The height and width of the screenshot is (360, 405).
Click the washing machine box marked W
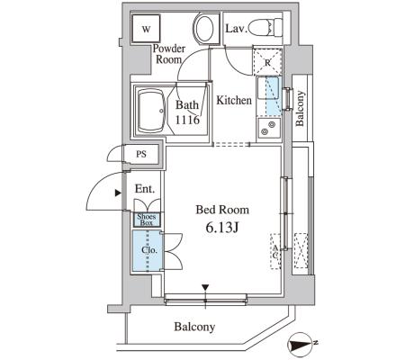tap(146, 29)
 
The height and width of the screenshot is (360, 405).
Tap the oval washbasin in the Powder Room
tap(204, 29)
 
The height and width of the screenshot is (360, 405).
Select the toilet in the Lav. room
tap(265, 28)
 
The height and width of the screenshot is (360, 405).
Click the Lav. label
tap(237, 29)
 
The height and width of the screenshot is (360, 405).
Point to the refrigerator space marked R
tap(267, 62)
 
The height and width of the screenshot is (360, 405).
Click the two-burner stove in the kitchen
tap(269, 128)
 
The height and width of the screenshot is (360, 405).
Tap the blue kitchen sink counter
tap(269, 96)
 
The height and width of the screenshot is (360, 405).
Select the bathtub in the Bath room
tap(152, 111)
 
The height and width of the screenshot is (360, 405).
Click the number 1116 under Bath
tap(187, 120)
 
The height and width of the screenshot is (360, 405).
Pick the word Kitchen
tap(234, 100)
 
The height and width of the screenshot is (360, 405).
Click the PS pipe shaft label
tap(141, 154)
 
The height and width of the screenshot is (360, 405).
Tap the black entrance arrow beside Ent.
tap(118, 193)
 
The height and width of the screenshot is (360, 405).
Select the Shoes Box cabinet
tap(147, 220)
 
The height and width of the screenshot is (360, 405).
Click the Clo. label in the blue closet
tap(149, 250)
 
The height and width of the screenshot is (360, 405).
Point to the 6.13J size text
tap(222, 228)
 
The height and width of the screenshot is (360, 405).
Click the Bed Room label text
tap(222, 210)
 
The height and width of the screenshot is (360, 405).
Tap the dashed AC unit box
tap(275, 251)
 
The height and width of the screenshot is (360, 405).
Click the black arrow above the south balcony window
tap(205, 287)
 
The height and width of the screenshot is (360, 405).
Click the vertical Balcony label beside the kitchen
tap(300, 108)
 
